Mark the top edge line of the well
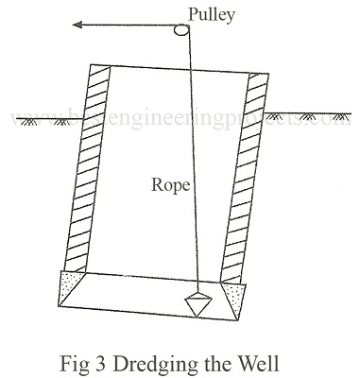tap(180, 68)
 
